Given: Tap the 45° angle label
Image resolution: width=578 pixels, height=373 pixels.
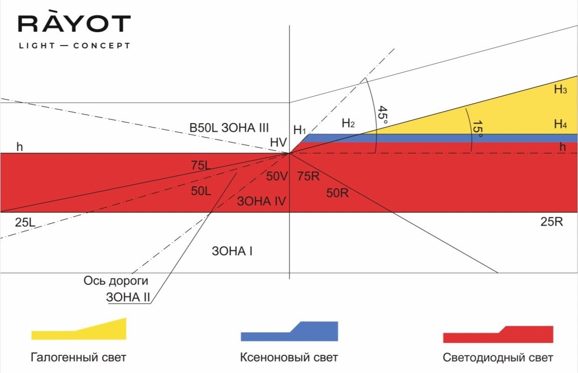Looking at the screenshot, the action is click(382, 115).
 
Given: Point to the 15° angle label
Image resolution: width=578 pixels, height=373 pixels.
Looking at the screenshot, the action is click(477, 128).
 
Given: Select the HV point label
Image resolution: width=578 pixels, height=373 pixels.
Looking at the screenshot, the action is click(278, 142).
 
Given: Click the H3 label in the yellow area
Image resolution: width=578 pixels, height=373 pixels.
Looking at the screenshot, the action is click(560, 90).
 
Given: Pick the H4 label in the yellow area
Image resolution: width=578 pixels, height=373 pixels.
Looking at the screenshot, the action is click(560, 124).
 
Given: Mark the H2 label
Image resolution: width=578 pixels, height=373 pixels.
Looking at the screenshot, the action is click(348, 123).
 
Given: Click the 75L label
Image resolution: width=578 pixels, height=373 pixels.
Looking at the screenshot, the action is click(201, 165).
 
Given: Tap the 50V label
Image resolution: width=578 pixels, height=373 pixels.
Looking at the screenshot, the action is click(277, 176).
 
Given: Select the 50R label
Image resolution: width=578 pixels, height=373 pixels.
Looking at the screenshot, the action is click(337, 193).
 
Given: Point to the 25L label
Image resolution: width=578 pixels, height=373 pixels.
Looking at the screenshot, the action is click(25, 222).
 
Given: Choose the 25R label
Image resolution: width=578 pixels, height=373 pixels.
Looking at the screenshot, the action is click(552, 222).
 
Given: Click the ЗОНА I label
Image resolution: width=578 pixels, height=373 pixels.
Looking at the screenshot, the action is click(232, 251).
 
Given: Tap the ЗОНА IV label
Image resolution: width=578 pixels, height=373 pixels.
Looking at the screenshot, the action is click(261, 201).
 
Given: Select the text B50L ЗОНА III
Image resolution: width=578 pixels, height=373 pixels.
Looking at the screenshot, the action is click(229, 128).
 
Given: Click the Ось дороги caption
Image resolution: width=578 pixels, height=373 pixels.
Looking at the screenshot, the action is click(116, 281).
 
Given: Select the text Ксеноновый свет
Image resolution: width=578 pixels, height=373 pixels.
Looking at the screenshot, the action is click(289, 358).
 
